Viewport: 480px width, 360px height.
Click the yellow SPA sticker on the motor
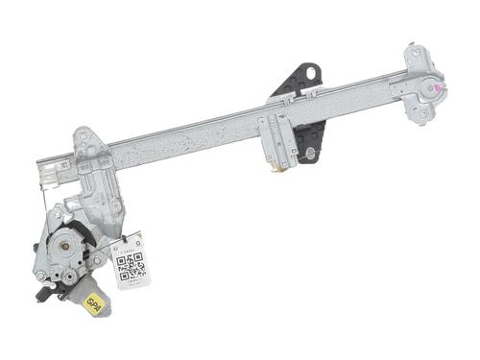94,306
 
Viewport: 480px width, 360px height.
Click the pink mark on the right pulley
439,88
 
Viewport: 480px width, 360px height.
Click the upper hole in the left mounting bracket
84,136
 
